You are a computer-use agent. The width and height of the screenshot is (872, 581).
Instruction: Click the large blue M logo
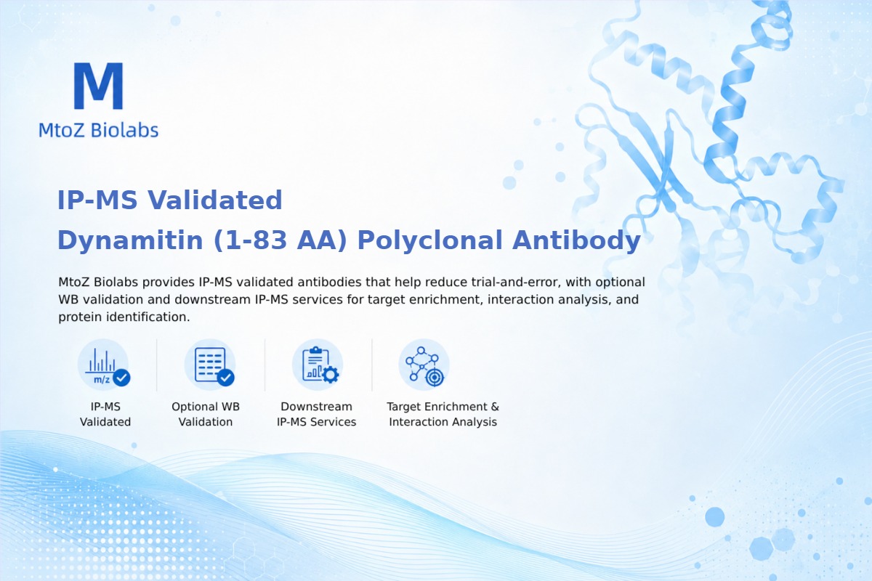point(99,86)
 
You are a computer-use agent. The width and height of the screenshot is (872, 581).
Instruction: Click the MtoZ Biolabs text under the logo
point(99,130)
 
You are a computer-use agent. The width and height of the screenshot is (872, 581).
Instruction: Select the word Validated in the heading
point(214,200)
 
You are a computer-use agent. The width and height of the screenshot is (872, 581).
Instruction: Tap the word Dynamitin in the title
point(130,240)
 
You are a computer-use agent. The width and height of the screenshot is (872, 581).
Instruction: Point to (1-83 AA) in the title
point(280,240)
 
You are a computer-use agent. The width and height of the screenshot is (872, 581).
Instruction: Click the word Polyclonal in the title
point(429,240)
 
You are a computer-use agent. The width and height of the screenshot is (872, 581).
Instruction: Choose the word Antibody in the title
point(576,240)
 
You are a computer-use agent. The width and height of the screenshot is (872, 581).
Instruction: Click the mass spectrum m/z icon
point(103,365)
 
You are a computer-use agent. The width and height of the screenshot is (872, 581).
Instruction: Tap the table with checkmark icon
point(210,365)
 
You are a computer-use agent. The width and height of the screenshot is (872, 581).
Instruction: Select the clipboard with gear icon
point(318,365)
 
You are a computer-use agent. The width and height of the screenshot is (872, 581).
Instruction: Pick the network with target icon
point(424,365)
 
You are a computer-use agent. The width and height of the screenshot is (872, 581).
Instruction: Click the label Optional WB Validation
point(206,414)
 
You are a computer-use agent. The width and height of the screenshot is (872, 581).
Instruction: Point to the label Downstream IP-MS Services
point(317,414)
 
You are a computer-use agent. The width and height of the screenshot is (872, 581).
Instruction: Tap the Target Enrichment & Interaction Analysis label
point(443,414)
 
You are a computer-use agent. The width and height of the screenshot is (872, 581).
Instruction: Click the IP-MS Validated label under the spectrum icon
point(105,414)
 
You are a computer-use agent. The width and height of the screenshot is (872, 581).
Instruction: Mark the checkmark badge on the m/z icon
point(122,378)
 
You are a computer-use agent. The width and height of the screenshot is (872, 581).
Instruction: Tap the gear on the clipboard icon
point(331,375)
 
